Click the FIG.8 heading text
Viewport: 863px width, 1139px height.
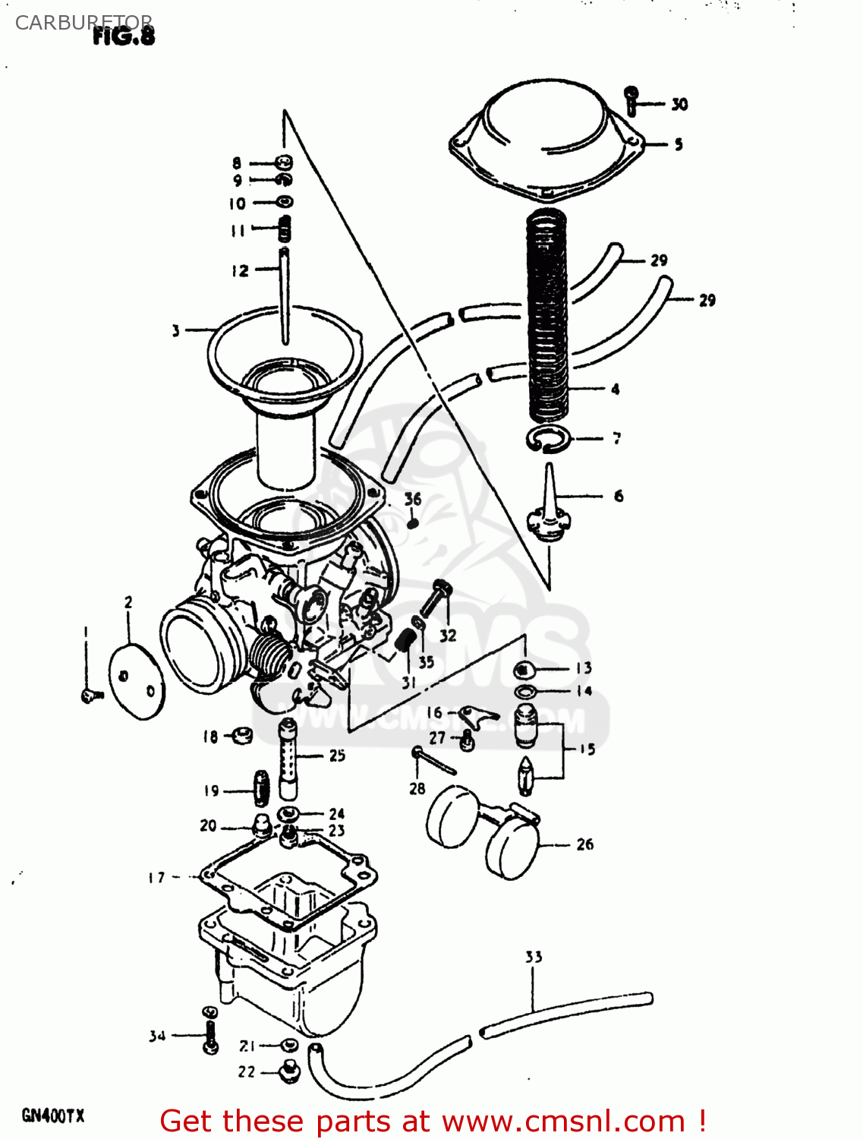tap(124, 36)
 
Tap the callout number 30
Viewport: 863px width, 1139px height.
tap(679, 105)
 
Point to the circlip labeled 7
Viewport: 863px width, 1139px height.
tap(547, 439)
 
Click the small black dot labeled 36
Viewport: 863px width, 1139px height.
tap(413, 522)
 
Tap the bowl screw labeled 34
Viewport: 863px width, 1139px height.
tap(210, 1030)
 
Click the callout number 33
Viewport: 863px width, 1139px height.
tap(534, 957)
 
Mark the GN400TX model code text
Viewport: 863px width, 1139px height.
tap(53, 1115)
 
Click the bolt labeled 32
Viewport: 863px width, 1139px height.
tap(434, 599)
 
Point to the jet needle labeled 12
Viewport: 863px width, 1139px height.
tap(285, 296)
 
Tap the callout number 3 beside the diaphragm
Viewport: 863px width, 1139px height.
tap(176, 330)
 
